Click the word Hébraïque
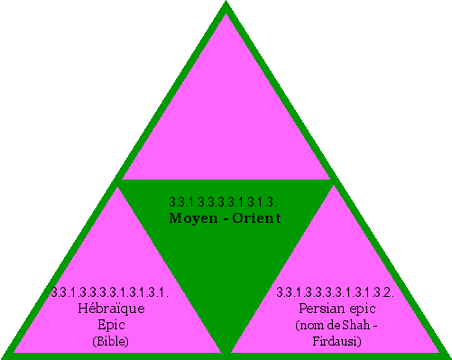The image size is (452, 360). (112, 309)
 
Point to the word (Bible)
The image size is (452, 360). (112, 341)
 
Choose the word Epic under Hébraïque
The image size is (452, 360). (112, 325)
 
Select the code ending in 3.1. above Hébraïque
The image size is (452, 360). (111, 292)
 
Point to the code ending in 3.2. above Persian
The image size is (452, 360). (335, 292)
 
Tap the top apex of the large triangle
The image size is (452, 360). (226, 5)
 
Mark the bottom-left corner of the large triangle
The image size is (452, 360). (5, 354)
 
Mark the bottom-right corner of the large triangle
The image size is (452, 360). (446, 354)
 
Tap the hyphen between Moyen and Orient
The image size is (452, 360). (226, 218)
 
